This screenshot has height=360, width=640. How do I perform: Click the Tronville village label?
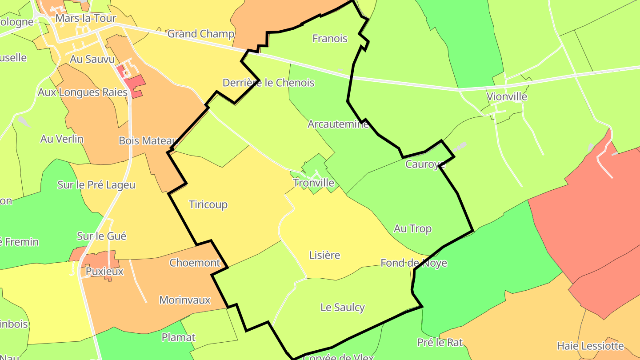coord(313,183)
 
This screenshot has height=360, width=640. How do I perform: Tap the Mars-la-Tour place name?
coord(86,19)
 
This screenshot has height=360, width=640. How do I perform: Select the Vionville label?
coord(507,96)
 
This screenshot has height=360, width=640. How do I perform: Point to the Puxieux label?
coord(104,271)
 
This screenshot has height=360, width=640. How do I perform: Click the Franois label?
coord(330,39)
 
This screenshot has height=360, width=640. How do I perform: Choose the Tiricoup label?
coord(208,204)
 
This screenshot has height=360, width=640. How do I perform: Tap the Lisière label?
coord(324,255)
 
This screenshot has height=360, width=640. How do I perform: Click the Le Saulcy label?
coord(342,307)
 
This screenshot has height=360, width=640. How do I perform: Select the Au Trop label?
coord(412,228)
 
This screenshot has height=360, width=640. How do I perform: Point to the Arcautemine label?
coord(338,124)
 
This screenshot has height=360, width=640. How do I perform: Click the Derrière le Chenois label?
coord(268,83)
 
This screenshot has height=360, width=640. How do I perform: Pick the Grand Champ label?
coord(200,34)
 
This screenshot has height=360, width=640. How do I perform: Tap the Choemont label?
coord(195,263)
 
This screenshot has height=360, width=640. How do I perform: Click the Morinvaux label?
coord(185,300)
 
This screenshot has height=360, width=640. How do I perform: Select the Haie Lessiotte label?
coord(590,346)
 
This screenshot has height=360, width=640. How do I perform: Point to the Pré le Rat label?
coord(440,342)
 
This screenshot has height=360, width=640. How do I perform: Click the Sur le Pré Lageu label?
coord(96,185)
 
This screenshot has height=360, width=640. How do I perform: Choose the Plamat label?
coord(178,337)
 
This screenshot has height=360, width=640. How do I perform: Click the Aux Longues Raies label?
coord(83,92)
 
